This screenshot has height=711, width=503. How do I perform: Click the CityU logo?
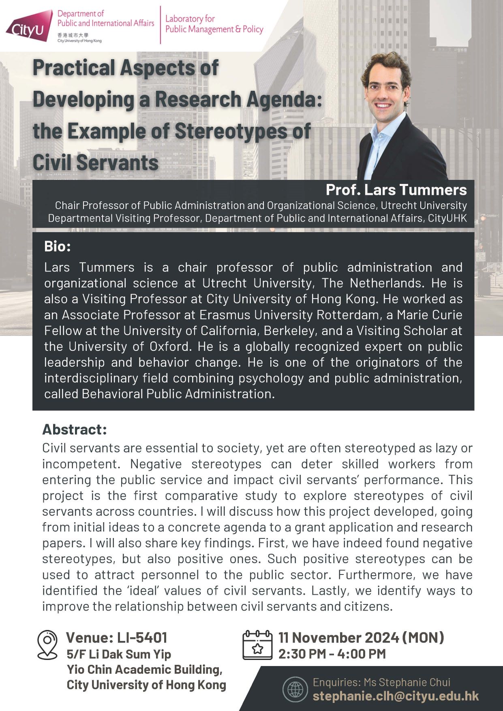pos(29,26)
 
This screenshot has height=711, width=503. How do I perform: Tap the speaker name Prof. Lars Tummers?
pos(396,190)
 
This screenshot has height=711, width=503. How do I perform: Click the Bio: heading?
pos(57,246)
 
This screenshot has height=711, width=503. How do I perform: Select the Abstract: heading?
pos(75,429)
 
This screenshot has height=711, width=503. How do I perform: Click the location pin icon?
pos(47,645)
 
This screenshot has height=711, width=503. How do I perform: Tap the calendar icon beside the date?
pos(257,645)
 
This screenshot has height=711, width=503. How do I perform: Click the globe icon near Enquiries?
pos(295,689)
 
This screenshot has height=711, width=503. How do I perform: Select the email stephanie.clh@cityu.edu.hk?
pos(396,696)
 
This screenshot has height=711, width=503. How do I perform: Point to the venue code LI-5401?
pos(142,638)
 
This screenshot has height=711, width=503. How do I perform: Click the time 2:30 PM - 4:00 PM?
pos(332,654)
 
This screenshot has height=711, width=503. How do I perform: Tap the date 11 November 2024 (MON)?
pos(361,638)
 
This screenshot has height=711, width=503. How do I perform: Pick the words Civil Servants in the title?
pos(96,163)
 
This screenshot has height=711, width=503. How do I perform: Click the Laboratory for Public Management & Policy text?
pos(214,24)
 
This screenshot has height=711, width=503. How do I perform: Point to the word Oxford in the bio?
pos(169,346)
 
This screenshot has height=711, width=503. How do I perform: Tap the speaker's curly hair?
pos(385,65)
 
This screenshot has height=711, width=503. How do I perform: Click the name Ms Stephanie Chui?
pos(407,682)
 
